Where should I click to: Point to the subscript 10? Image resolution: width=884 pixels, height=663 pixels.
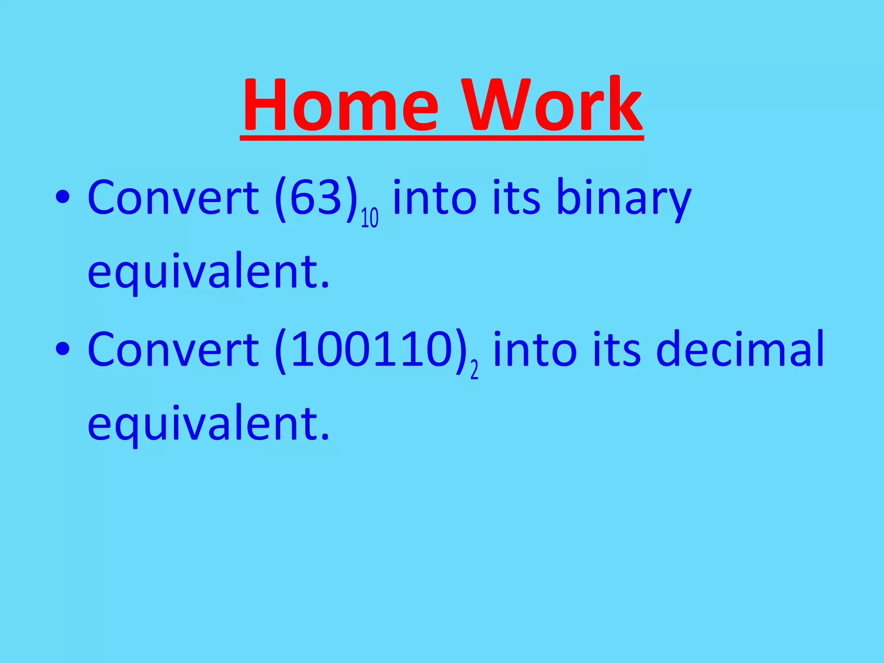pos(369,218)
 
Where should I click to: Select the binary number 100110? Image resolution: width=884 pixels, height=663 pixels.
pos(371,350)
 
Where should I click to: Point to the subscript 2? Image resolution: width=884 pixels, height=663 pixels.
pos(474,370)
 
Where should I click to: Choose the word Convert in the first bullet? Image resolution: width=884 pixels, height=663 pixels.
pos(173,198)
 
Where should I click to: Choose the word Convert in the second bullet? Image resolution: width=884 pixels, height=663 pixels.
pos(173,350)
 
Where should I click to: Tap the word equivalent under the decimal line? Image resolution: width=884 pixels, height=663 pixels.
pos(208,425)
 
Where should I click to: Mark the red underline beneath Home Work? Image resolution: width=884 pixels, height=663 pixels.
pos(442,137)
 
